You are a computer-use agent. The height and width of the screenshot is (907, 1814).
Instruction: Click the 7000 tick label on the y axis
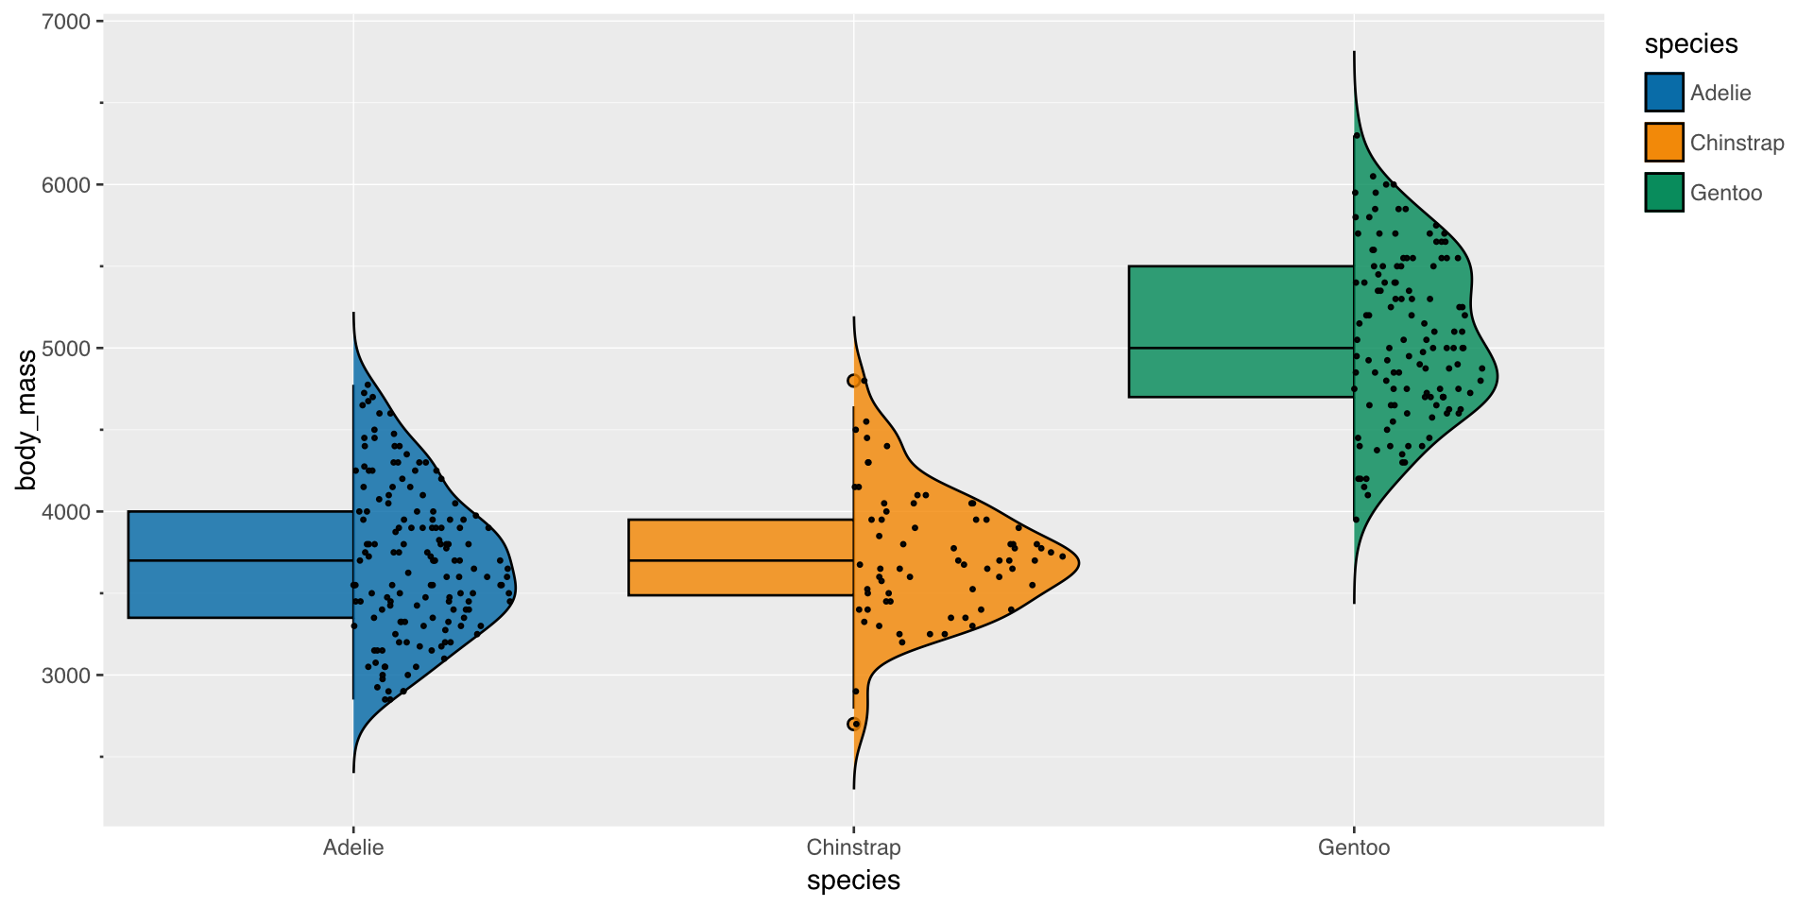click(x=65, y=22)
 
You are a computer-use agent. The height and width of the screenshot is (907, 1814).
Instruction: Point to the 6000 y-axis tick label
click(x=65, y=185)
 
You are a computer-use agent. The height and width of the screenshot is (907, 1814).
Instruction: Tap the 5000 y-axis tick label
click(x=65, y=349)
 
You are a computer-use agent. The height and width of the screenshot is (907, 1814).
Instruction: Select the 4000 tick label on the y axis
click(x=65, y=512)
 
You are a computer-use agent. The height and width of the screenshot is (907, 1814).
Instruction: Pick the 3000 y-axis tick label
click(x=65, y=676)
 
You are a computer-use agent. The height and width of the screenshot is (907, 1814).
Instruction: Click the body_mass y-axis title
click(x=26, y=420)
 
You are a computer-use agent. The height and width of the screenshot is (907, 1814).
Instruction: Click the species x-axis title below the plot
click(x=853, y=881)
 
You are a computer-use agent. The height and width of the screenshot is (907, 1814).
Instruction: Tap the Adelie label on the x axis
click(x=353, y=847)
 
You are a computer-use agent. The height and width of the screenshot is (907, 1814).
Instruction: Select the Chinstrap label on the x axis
click(x=853, y=847)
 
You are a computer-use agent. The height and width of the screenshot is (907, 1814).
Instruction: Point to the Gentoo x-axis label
click(x=1354, y=847)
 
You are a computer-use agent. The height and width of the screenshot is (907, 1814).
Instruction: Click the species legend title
click(x=1691, y=44)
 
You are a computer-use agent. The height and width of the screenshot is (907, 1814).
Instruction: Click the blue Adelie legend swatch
click(x=1664, y=93)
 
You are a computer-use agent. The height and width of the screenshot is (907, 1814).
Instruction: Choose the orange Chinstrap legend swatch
click(x=1664, y=143)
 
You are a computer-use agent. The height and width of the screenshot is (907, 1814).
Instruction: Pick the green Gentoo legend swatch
click(x=1664, y=193)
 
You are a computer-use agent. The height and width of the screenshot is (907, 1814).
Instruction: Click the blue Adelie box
click(x=241, y=565)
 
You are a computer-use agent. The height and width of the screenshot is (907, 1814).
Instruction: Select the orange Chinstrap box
click(x=741, y=557)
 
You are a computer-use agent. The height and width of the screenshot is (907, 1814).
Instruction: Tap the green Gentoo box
click(x=1241, y=332)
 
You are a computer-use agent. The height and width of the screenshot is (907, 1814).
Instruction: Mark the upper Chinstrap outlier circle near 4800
click(x=853, y=381)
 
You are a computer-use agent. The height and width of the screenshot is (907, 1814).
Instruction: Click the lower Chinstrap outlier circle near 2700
click(x=853, y=724)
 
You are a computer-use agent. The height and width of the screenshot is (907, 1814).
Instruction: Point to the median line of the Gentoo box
click(x=1241, y=349)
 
